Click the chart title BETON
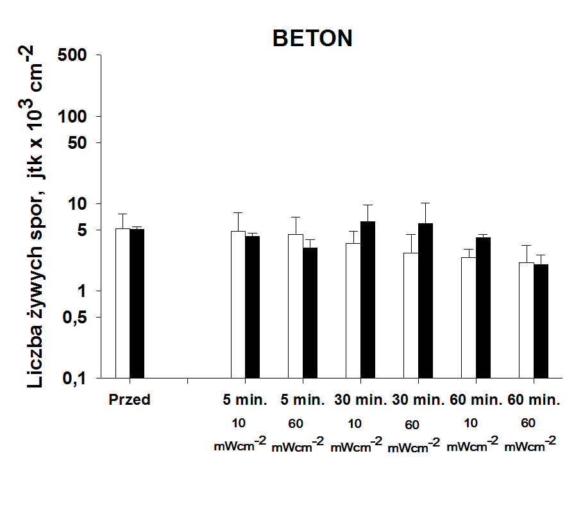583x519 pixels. [312, 38]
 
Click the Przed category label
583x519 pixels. [130, 400]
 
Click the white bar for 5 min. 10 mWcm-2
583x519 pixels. [238, 304]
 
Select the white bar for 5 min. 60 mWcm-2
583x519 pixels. [296, 306]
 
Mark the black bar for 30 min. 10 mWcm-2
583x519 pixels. [368, 300]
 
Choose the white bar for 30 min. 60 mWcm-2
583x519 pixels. [410, 315]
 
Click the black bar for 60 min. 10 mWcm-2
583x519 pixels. [483, 307]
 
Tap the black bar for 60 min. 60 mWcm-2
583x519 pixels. [541, 321]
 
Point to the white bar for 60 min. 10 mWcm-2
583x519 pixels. [468, 318]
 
